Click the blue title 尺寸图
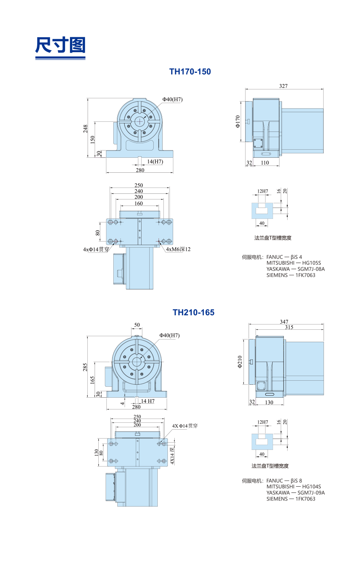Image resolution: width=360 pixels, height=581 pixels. pyautogui.click(x=60, y=45)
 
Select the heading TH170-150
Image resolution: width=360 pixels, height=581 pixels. pyautogui.click(x=190, y=72)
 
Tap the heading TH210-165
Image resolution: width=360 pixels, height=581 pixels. pyautogui.click(x=193, y=312)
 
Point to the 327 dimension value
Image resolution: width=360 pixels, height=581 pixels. pyautogui.click(x=283, y=86)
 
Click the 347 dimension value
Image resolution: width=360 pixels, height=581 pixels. pyautogui.click(x=284, y=322)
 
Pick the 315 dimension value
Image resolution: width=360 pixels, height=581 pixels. pyautogui.click(x=289, y=327)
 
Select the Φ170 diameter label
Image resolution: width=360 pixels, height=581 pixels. pyautogui.click(x=237, y=121)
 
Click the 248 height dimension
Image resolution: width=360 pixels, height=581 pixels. pyautogui.click(x=85, y=129)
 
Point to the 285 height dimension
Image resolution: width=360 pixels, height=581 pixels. pyautogui.click(x=85, y=367)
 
